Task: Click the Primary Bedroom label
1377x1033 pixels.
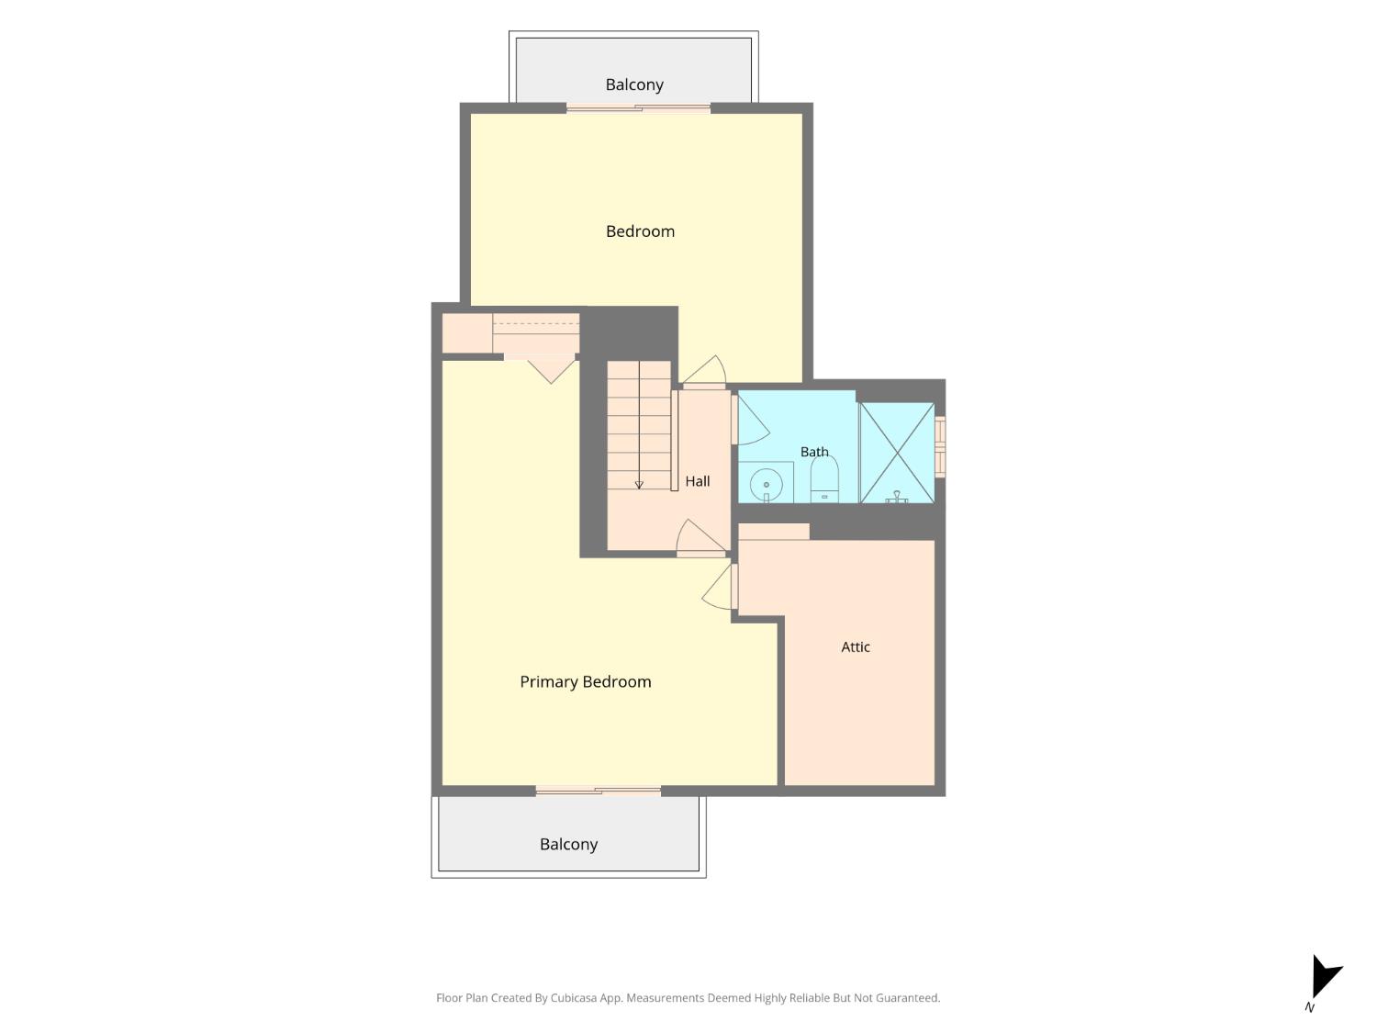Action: click(x=586, y=682)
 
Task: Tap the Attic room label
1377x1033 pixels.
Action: click(x=855, y=646)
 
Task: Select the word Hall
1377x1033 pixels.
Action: click(x=697, y=481)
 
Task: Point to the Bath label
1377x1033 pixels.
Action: click(x=814, y=452)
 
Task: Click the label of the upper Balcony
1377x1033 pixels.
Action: click(x=634, y=84)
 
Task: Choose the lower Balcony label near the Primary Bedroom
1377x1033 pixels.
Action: click(x=568, y=844)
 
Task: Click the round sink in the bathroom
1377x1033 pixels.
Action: click(x=766, y=485)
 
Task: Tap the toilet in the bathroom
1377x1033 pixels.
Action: click(x=824, y=478)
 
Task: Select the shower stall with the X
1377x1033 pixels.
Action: click(x=897, y=452)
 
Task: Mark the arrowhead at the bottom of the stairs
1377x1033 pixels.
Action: click(x=639, y=485)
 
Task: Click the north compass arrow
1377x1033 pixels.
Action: click(x=1325, y=976)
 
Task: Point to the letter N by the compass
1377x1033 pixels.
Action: click(x=1309, y=1007)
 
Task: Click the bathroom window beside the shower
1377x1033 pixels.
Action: click(x=940, y=447)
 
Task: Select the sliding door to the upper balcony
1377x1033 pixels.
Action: click(x=638, y=108)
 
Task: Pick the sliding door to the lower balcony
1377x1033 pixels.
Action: click(x=598, y=791)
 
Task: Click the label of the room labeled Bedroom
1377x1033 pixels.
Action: click(x=640, y=231)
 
